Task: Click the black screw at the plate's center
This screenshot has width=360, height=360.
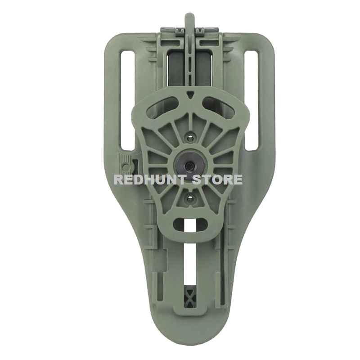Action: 189,164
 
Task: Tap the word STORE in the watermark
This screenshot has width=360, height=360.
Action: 217,180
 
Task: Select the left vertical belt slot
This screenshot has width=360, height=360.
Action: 128,100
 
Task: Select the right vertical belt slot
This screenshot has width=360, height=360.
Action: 252,100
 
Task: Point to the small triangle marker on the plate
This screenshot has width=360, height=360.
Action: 189,95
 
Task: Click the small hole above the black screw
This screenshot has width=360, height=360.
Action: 190,138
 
